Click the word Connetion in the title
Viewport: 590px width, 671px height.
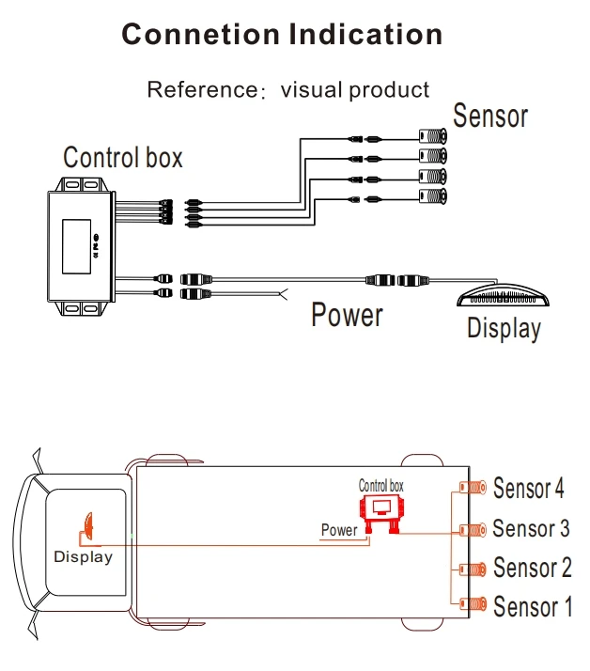coord(201,35)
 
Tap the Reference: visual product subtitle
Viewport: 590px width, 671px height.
coord(287,90)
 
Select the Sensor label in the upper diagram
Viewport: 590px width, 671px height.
coord(490,117)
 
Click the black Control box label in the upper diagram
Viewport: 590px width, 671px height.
coord(123,156)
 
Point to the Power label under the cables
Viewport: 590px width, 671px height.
coord(347,315)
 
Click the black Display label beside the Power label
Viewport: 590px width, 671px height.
coord(504,329)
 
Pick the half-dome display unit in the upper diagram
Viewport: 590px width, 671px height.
coord(498,296)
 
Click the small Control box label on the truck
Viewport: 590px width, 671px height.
coord(381,486)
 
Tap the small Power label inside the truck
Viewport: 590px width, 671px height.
coord(339,530)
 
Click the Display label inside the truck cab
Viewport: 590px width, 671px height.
coord(83,556)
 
